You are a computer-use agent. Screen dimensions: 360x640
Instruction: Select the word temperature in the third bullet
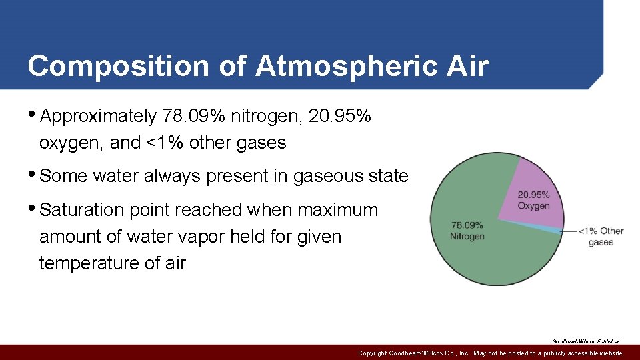90,263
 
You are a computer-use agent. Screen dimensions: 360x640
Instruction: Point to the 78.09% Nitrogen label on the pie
467,231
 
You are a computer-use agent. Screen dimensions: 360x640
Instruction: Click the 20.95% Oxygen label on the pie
533,200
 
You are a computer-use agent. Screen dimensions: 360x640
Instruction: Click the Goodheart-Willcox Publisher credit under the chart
585,341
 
